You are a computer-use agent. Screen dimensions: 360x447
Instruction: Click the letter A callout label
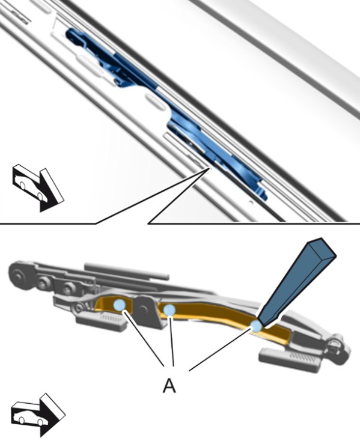click(x=169, y=386)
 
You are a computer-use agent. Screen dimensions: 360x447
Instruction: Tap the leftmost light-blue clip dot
click(x=120, y=305)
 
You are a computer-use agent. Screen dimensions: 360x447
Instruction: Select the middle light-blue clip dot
click(x=169, y=309)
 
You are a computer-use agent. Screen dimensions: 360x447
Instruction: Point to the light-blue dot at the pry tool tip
click(x=255, y=325)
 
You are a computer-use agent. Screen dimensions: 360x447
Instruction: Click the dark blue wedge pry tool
click(x=297, y=282)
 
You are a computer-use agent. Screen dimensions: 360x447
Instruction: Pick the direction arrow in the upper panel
click(x=38, y=187)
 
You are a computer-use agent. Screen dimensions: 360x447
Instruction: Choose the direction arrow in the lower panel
click(x=38, y=415)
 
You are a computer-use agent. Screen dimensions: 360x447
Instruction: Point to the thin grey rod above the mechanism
click(x=126, y=270)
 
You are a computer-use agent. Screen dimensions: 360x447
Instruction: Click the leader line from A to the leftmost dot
click(x=144, y=338)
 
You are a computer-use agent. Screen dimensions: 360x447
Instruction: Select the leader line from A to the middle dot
click(x=172, y=341)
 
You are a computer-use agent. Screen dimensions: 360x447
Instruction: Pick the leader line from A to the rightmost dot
click(x=219, y=350)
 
